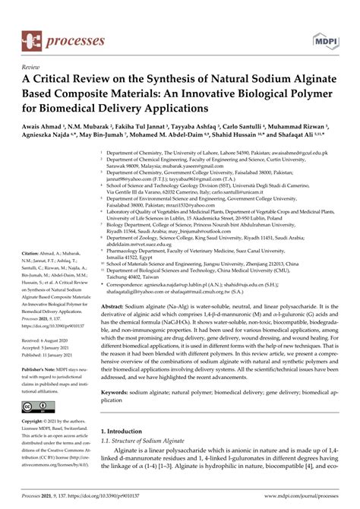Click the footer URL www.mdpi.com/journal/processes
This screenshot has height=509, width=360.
292,502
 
